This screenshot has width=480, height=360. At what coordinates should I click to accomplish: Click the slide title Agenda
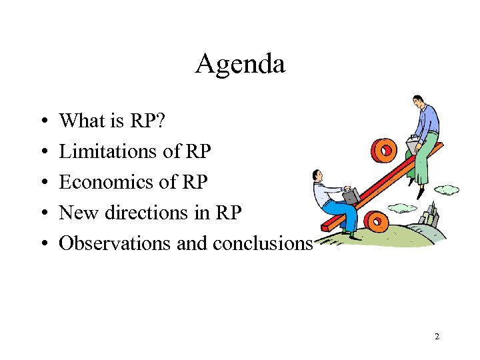(240, 64)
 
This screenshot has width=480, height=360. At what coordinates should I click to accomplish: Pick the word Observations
(115, 243)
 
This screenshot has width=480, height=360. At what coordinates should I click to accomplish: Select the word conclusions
(262, 243)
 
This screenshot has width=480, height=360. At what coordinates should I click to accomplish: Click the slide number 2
(437, 337)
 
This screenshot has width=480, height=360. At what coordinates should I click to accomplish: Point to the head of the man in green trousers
(418, 102)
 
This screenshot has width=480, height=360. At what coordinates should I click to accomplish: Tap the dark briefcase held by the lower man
(351, 195)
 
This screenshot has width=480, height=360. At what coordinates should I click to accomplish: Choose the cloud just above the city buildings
(447, 190)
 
